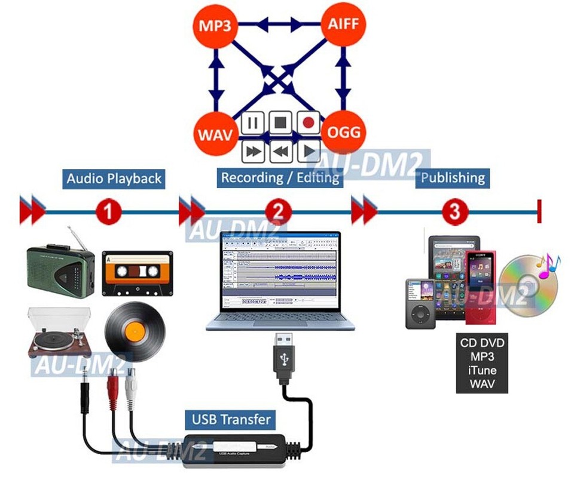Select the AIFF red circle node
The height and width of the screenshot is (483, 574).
point(343,25)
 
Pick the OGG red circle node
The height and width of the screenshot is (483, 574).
point(344,131)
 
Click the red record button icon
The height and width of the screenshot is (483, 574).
point(309,123)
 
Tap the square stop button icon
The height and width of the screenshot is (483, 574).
point(280,123)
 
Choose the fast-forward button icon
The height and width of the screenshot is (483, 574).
point(253,151)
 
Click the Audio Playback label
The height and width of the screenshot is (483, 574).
point(114,179)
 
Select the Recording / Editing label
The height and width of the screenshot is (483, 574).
point(280,177)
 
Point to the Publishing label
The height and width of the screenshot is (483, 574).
point(453,177)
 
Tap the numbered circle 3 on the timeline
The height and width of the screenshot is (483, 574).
point(455,211)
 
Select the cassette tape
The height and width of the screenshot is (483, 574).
point(138,273)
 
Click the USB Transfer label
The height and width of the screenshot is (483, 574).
point(231,419)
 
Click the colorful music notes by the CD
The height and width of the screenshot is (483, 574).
point(547,266)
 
